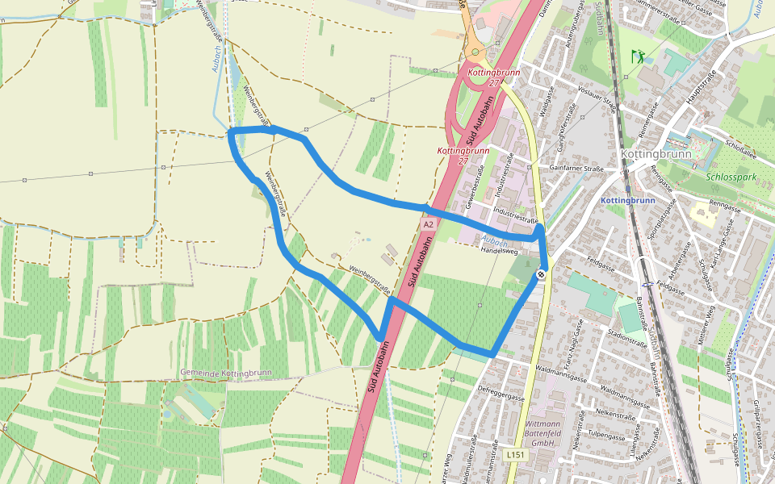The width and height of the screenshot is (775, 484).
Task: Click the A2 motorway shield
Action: (428, 224)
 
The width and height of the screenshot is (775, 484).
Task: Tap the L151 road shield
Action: (516, 456)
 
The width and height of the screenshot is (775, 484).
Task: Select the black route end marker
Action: (539, 275)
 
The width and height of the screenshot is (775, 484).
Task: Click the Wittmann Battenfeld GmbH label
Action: (542, 433)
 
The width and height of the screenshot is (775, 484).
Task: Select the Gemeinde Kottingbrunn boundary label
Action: (228, 373)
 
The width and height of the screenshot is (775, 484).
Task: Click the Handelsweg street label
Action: (499, 250)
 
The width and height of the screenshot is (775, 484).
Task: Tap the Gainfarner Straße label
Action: (576, 169)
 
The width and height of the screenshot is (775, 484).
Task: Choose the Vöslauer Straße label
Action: (598, 98)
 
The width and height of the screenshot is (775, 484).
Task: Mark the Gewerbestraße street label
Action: (475, 182)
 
